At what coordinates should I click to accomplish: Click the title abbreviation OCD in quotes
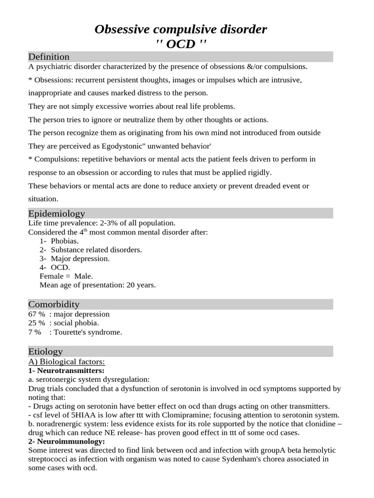point(181,44)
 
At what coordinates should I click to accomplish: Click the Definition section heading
point(49,57)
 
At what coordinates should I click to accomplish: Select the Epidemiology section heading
point(56,213)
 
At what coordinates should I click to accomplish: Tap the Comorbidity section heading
point(54,304)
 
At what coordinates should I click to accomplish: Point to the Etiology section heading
point(45,351)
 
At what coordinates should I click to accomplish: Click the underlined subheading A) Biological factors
point(67,362)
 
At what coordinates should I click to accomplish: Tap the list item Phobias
point(65,241)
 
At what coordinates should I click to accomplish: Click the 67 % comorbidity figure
point(37,314)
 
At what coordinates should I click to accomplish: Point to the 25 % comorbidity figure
point(37,323)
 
